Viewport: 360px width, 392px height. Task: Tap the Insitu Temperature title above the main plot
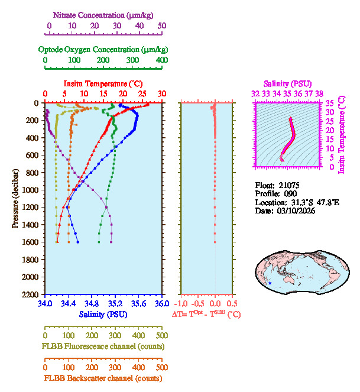pos(103,83)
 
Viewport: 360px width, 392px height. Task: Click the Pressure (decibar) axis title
pos(15,198)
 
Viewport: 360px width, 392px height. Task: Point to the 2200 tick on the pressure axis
pos(31,294)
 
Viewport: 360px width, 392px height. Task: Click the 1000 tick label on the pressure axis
pos(31,190)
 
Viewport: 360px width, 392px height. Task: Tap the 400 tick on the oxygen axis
pos(161,61)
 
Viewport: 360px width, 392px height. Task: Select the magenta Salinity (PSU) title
pos(287,83)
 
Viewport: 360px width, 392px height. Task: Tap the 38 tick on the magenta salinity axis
pos(319,93)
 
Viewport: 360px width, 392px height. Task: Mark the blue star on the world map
pos(270,283)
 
